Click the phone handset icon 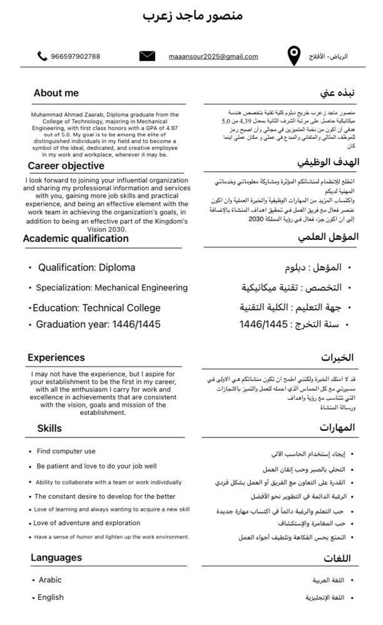coord(43,56)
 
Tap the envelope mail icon coord(147,56)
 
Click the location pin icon coord(293,56)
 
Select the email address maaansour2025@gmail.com coord(213,57)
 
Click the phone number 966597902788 coord(75,57)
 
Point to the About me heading coord(56,93)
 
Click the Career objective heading coord(66,166)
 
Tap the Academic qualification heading coord(76,238)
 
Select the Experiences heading coord(56,357)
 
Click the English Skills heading coord(49,428)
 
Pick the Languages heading coord(56,557)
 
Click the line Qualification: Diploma coord(86,267)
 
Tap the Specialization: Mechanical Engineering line coord(111,288)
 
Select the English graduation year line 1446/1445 coord(98,324)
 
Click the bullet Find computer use coord(66,451)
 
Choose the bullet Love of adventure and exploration coord(87,523)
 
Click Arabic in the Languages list coord(50,580)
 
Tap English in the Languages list coord(51,597)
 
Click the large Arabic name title coord(192,15)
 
